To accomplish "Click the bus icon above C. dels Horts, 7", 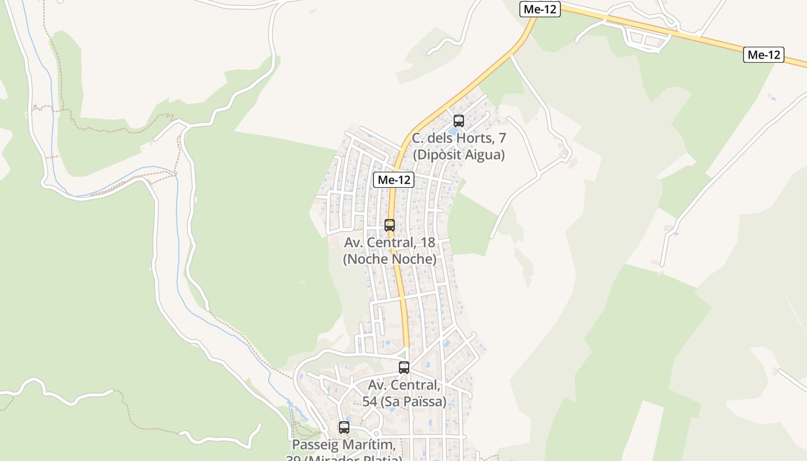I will (x=459, y=121).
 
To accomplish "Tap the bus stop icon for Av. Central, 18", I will (x=390, y=225).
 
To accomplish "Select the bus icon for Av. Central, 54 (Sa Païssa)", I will (x=404, y=368).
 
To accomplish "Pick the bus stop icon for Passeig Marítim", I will (x=344, y=428).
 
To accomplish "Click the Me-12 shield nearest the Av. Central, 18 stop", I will (x=394, y=180).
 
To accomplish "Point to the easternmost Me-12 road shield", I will (x=764, y=55).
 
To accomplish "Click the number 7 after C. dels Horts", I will (x=502, y=139).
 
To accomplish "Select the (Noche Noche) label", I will (x=390, y=259).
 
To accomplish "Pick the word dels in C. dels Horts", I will (x=442, y=139).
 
